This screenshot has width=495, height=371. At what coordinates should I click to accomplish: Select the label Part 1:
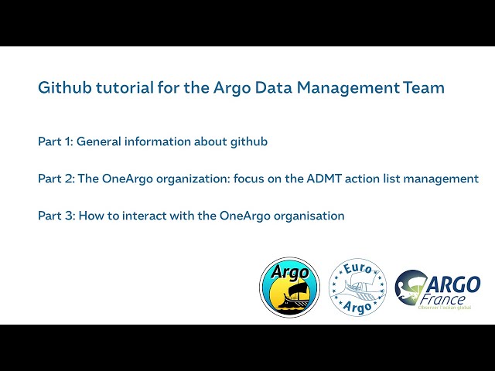point(55,141)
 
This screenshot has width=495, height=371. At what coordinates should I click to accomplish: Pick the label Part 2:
point(56,179)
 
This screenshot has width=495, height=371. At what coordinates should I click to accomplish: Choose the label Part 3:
point(56,216)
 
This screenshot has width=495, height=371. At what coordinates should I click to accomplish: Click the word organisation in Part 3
point(308,216)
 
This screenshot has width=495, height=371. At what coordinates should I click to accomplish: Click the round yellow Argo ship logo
point(289,287)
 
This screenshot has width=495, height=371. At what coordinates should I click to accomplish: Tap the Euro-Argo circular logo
point(357,287)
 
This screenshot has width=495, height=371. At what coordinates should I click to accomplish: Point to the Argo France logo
point(437,290)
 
